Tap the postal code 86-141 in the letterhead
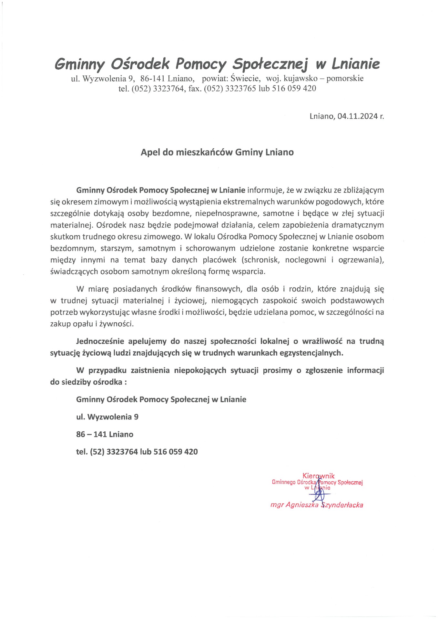[153, 78]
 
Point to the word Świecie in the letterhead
[246, 78]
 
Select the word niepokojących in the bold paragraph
[200, 370]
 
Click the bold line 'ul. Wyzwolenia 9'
[107, 417]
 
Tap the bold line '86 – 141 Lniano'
[105, 434]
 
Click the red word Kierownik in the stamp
[318, 476]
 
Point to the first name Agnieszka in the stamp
[302, 505]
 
